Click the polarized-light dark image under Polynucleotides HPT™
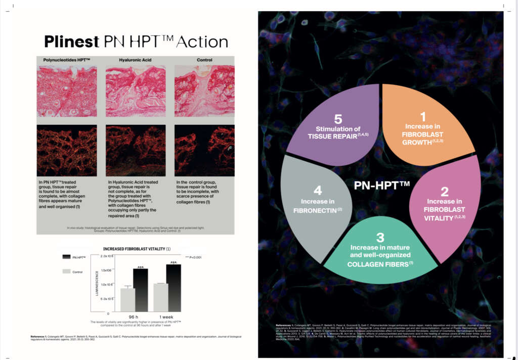(67, 150)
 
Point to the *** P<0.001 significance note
(193, 257)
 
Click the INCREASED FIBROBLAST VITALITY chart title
(137, 249)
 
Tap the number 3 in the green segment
(380, 237)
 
